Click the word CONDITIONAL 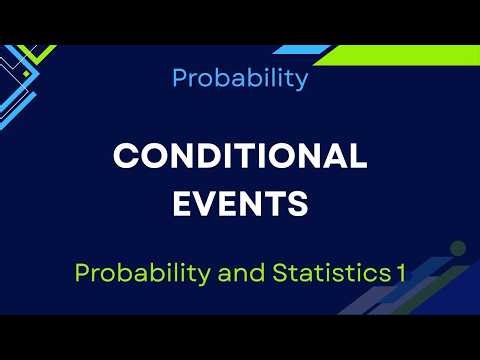coord(240,157)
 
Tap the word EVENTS coord(240,204)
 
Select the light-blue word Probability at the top coord(240,79)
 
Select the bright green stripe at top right coord(400,53)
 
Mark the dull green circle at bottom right coord(457,247)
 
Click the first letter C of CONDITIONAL coord(126,157)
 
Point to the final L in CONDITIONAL coord(357,157)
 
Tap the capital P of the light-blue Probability coord(180,78)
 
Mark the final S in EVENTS coord(296,204)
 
